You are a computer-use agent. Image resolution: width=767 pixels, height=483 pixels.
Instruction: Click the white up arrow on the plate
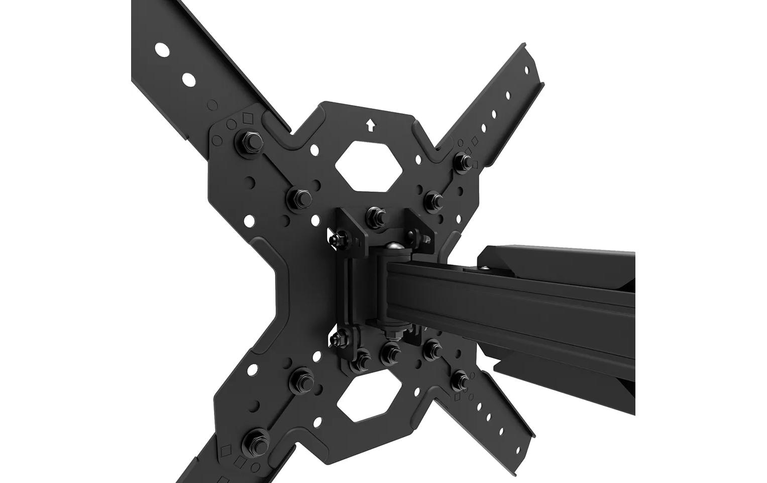point(371,124)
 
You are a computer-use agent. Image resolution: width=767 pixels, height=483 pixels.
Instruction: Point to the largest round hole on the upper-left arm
point(162,49)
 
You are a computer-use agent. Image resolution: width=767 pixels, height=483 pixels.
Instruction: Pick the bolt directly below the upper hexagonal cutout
point(375,215)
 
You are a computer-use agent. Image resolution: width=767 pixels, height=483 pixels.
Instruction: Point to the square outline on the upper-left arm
point(247,118)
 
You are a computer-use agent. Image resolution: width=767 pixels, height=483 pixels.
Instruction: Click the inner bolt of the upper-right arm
point(432,199)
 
